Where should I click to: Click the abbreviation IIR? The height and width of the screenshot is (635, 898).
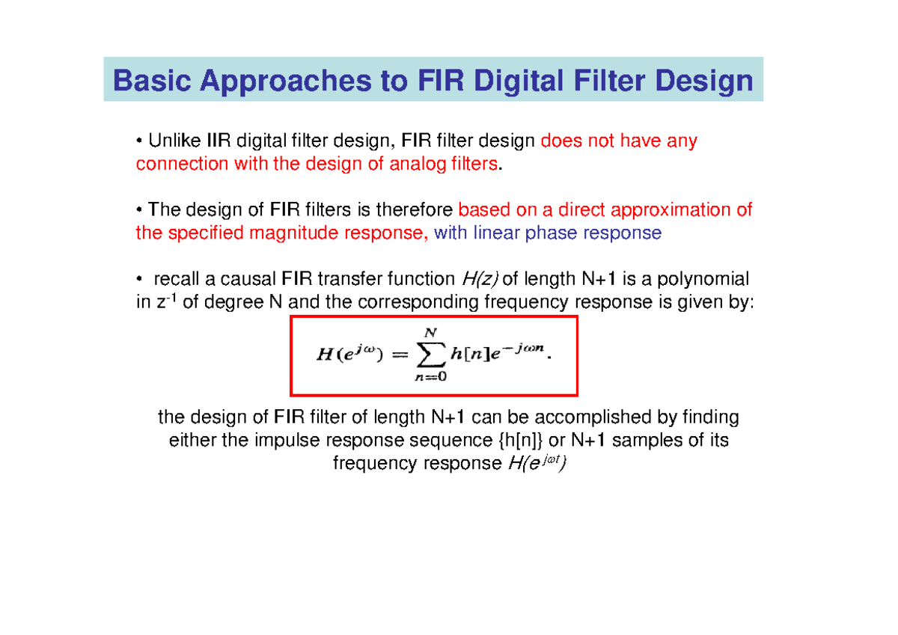point(220,141)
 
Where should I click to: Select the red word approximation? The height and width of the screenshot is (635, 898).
point(682,209)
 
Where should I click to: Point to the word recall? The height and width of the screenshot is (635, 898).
point(177,279)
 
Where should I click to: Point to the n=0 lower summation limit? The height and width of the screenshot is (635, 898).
point(430,377)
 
